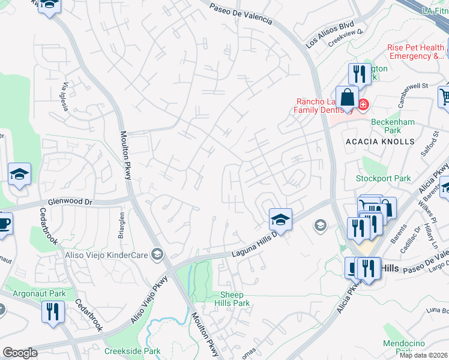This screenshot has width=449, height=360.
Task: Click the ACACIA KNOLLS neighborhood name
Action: coord(380,142)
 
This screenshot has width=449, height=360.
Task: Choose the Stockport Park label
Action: coord(383,178)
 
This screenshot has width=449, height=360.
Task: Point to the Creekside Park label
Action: coord(132,351)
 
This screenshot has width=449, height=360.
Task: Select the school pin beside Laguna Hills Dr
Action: coord(280,220)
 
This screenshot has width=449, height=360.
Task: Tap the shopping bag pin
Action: coord(347,97)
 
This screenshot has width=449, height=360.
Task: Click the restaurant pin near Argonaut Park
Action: coord(53,312)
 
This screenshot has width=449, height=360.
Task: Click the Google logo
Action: coord(20,353)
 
